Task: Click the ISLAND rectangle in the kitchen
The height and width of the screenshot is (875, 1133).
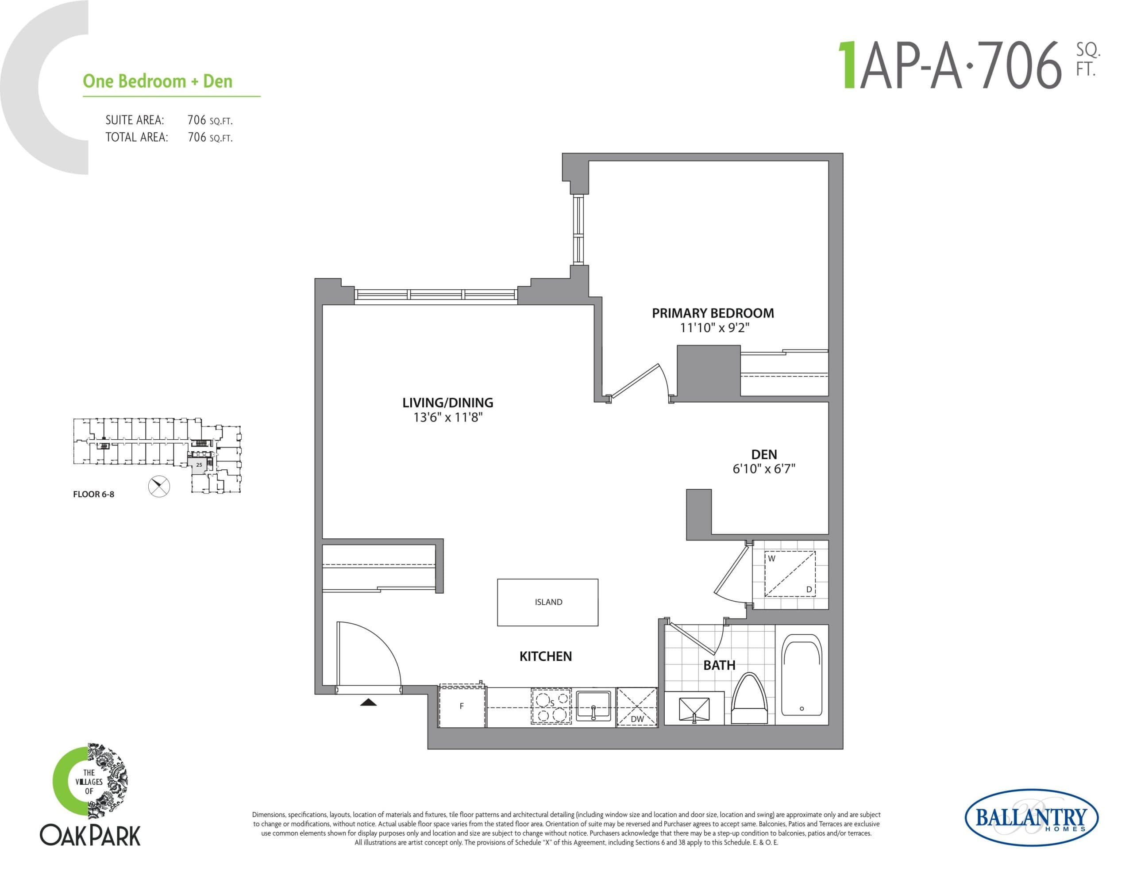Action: point(547,602)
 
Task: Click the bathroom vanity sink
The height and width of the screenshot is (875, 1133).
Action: point(694,710)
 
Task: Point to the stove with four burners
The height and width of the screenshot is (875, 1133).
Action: point(551,706)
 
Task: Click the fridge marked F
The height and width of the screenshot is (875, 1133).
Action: point(462,706)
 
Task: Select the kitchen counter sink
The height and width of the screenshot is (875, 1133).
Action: point(593,706)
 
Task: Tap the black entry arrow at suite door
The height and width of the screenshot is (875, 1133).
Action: point(368,702)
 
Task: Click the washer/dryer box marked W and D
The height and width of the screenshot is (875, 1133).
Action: point(790,574)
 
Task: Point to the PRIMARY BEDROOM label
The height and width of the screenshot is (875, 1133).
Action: point(713,313)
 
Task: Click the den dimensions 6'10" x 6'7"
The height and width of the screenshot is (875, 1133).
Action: point(763,469)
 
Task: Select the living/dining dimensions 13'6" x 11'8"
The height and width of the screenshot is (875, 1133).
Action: point(448,417)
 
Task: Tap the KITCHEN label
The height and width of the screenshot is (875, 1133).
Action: point(545,656)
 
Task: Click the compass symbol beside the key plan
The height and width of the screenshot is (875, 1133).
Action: point(159,486)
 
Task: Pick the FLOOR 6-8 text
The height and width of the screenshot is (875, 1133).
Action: point(93,494)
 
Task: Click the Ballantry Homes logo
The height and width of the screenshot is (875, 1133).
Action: point(1031,817)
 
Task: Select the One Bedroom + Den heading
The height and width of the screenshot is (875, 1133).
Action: point(158,81)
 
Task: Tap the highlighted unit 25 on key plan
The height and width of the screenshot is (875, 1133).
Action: point(199,465)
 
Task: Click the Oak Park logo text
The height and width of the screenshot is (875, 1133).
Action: point(90,836)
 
